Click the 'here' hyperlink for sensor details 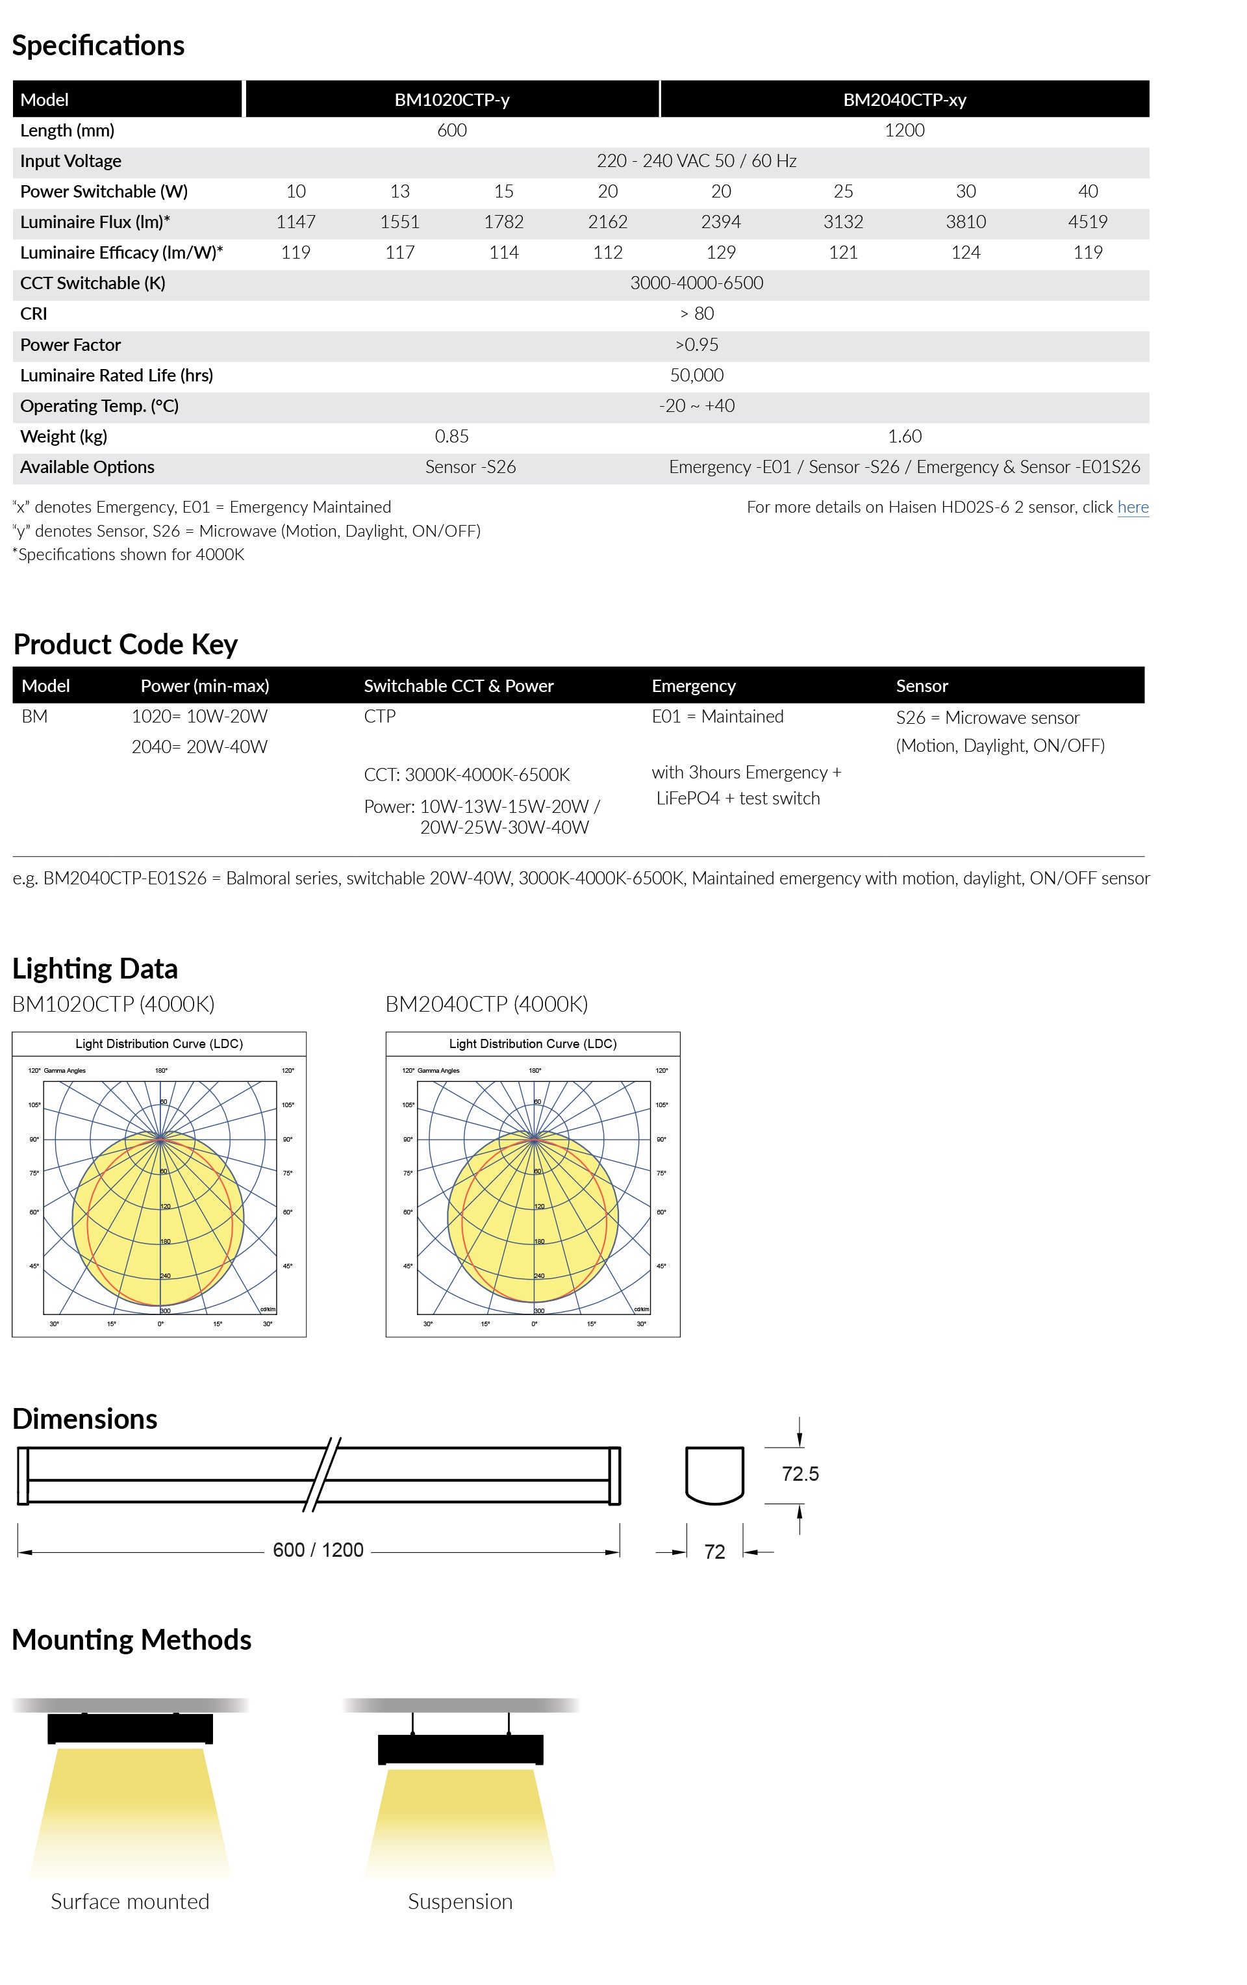(x=1133, y=507)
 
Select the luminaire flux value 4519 (x=1087, y=222)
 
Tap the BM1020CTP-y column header (x=451, y=100)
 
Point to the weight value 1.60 (x=904, y=436)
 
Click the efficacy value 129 (x=720, y=252)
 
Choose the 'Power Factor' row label (x=70, y=344)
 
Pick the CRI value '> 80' (x=696, y=313)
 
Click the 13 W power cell (x=399, y=191)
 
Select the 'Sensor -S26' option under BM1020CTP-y (x=470, y=467)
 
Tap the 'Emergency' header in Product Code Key (x=693, y=686)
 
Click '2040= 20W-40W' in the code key (x=199, y=747)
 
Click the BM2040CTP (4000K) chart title (x=486, y=1004)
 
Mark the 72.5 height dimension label (x=800, y=1474)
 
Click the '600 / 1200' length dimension (x=318, y=1550)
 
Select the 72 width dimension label (x=714, y=1552)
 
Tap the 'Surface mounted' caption (x=131, y=1901)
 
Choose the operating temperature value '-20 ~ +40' (x=696, y=405)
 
